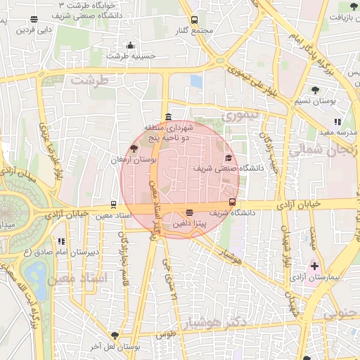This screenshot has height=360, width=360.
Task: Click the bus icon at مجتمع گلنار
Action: tap(194, 20)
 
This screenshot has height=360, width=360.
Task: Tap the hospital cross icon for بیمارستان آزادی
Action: tap(314, 267)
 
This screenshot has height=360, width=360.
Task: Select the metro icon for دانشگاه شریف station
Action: tap(233, 202)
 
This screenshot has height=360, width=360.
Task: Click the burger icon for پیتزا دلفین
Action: tap(189, 213)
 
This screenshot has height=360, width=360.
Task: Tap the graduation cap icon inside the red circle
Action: tap(229, 158)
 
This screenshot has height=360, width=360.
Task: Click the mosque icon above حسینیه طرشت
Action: tap(131, 45)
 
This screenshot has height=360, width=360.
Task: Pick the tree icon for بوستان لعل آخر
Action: tap(115, 336)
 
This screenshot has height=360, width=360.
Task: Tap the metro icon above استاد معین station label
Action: tap(112, 205)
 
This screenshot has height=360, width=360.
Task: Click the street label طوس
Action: tap(165, 335)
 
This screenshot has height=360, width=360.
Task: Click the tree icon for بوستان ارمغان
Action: tap(134, 148)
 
